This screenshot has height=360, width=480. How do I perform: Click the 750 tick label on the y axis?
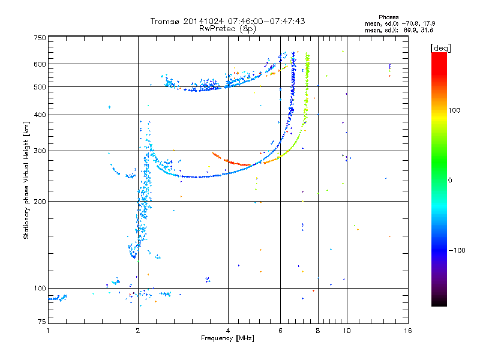[x=40, y=38]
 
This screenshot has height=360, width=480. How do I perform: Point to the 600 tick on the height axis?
[x=40, y=64]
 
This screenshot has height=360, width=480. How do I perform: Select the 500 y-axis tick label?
[x=40, y=87]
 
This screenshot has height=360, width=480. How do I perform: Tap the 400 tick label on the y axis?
[x=40, y=115]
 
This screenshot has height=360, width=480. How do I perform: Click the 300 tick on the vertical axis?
[x=40, y=151]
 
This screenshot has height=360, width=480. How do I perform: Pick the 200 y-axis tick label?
[x=40, y=202]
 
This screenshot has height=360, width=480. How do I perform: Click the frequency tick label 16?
[x=407, y=331]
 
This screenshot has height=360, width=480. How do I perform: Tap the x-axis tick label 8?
[x=318, y=331]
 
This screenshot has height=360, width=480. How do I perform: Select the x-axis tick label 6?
[x=280, y=331]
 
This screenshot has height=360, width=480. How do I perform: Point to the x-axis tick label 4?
[x=228, y=331]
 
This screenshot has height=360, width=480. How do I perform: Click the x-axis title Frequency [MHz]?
[x=227, y=339]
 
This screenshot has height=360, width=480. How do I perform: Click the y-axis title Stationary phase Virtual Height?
[x=26, y=181]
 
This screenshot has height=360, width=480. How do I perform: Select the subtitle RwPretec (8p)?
[x=227, y=28]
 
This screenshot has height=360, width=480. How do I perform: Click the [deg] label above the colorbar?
[x=440, y=47]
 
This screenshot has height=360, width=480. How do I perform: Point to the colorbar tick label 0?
[x=451, y=181]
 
